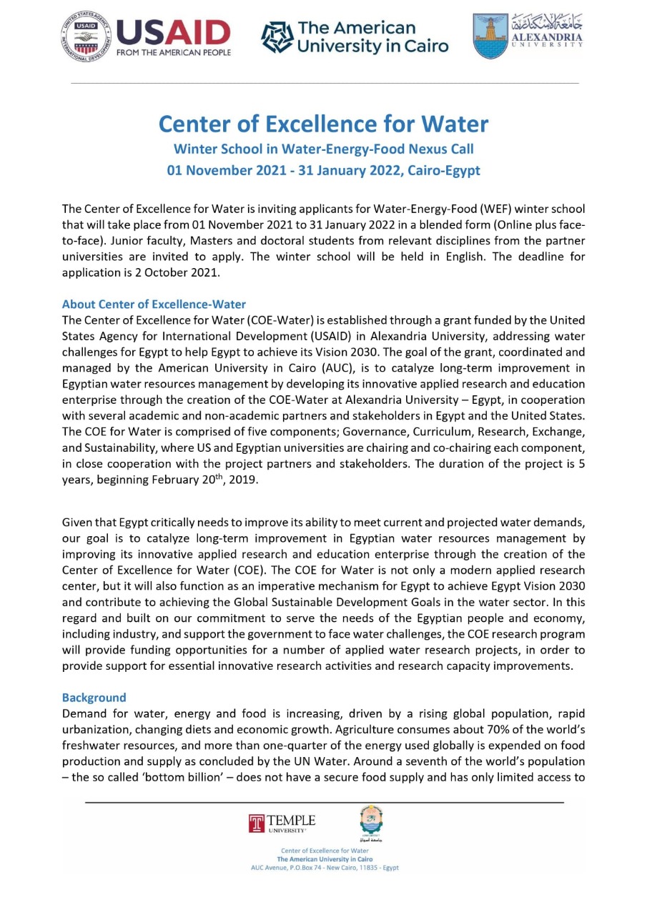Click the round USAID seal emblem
87,36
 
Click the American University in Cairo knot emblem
278,37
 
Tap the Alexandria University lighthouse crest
490,35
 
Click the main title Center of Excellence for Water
323,124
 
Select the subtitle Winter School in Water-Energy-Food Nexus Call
323,149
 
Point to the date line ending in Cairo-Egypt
323,171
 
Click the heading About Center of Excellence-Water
154,304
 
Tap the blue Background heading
94,697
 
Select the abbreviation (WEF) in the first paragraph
454,209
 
